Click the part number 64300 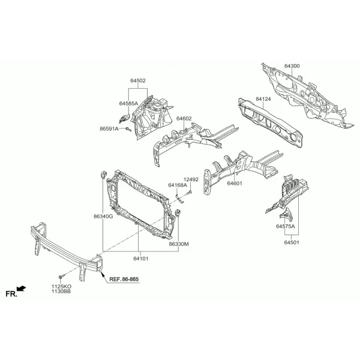click(292, 66)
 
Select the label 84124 click(263, 99)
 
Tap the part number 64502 click(138, 80)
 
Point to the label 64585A click(128, 104)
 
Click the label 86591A click(109, 129)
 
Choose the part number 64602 click(184, 118)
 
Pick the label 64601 click(235, 184)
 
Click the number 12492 click(191, 179)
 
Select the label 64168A click(178, 185)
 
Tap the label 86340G click(103, 216)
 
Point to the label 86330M click(179, 244)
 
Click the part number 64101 click(141, 259)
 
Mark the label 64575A click(286, 226)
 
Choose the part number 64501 click(292, 242)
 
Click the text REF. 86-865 click(124, 279)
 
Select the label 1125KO click(61, 287)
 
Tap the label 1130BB click(61, 292)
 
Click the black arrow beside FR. click(22, 289)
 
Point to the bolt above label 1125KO click(62, 276)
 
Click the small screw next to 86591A click(128, 129)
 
